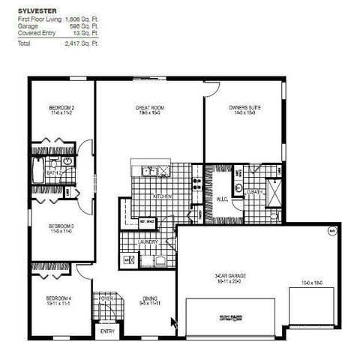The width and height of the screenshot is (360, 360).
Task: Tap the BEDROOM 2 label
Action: (60, 109)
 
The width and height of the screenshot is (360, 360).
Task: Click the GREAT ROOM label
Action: (150, 109)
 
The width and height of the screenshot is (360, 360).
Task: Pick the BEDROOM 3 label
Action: (60, 226)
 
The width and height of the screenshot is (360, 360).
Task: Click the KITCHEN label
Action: (163, 196)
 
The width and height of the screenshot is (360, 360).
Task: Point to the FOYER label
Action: (106, 298)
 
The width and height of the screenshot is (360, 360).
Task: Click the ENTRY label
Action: (107, 330)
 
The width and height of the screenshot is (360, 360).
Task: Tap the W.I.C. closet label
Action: (222, 199)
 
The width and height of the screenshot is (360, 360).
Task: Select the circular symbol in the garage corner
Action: (333, 232)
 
